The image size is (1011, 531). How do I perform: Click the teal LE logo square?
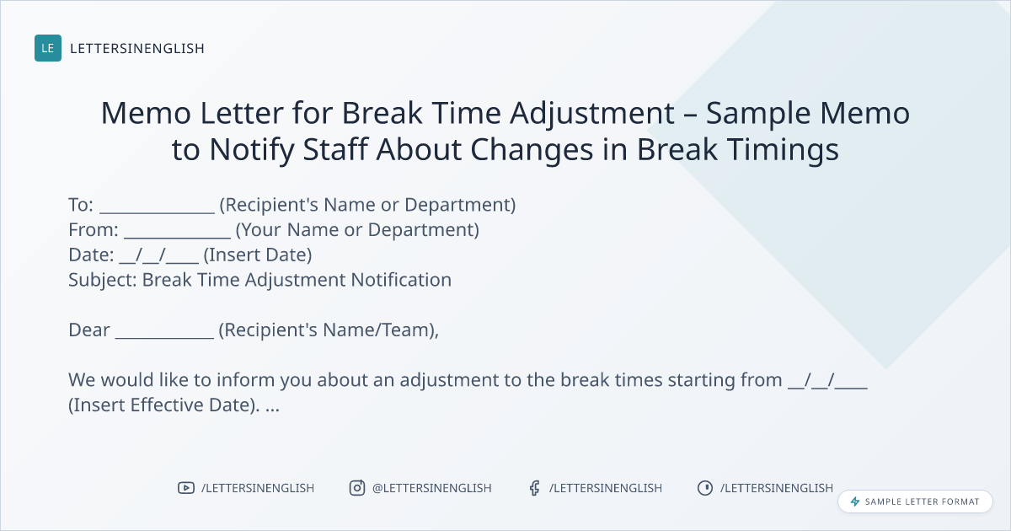(x=48, y=48)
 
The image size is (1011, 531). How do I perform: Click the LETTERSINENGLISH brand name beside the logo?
(x=137, y=48)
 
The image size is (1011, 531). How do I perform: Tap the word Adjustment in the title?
(x=592, y=114)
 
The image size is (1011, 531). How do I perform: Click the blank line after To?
(x=157, y=212)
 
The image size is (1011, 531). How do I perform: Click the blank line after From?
(x=178, y=237)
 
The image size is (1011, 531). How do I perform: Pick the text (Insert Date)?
(x=258, y=255)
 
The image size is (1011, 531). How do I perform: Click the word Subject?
(x=103, y=281)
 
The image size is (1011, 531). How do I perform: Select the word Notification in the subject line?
(x=401, y=280)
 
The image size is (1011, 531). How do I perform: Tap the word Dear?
(x=89, y=330)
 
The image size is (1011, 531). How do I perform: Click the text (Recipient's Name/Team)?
(x=329, y=330)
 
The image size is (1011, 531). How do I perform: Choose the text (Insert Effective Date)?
(x=164, y=405)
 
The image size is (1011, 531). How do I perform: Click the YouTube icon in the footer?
(x=186, y=488)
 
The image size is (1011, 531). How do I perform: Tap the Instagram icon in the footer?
(x=357, y=488)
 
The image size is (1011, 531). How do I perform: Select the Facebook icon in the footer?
(x=534, y=488)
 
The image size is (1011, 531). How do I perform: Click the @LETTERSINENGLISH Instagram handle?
(x=432, y=488)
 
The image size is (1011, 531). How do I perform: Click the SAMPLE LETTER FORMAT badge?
(x=915, y=501)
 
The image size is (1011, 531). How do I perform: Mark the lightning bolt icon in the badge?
(x=855, y=501)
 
